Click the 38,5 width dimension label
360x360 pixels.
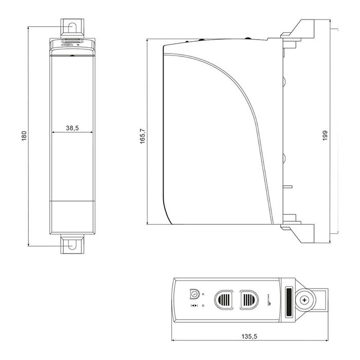point(72,129)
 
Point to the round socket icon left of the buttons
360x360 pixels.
point(195,294)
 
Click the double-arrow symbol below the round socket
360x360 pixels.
point(194,307)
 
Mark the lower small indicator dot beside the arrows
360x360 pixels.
point(204,307)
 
